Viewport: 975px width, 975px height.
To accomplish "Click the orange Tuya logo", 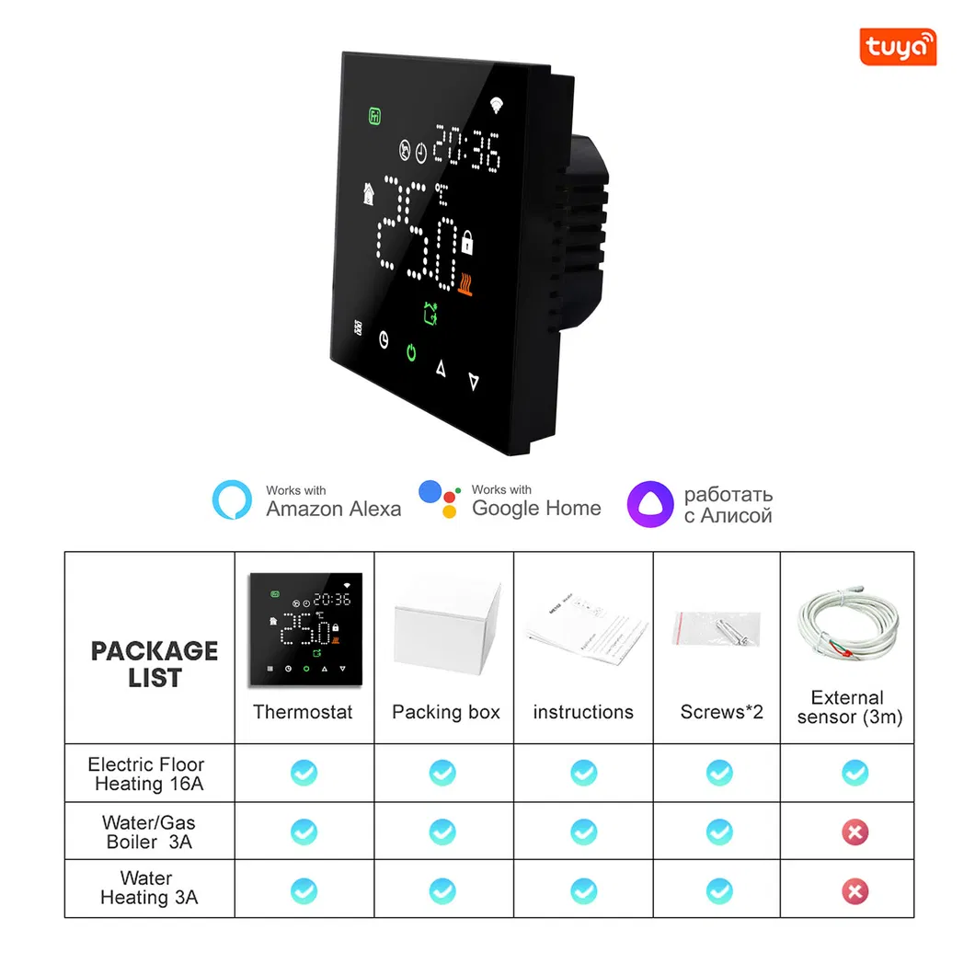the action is [x=898, y=47].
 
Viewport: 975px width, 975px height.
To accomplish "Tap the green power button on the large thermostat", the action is [x=411, y=352].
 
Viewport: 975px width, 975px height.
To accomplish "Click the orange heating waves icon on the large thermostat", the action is [x=465, y=284].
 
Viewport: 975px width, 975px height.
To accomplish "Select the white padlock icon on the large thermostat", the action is [x=467, y=243].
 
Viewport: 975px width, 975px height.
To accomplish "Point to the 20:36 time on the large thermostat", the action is [x=467, y=148].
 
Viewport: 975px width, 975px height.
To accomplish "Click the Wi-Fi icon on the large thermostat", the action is [x=496, y=105].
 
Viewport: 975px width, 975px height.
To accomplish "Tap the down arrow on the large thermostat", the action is [x=474, y=381].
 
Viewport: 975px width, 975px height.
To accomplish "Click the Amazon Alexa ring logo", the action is [x=232, y=499].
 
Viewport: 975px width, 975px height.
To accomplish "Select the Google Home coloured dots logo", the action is [x=440, y=499].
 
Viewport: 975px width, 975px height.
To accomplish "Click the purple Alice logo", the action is [x=649, y=504].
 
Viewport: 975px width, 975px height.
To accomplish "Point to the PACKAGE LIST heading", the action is [x=155, y=664].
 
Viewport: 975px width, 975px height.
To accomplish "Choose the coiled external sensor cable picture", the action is [x=848, y=624].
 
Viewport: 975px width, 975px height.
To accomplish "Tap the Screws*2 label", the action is [x=721, y=711].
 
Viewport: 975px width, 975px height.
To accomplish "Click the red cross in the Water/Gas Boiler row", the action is [x=855, y=832].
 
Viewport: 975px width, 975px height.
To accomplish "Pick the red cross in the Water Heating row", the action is [x=855, y=891].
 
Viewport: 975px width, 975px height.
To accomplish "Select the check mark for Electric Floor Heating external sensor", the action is [x=855, y=773].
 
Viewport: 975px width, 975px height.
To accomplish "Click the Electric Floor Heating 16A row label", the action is [x=147, y=774].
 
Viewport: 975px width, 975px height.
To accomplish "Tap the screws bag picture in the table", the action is [x=717, y=628].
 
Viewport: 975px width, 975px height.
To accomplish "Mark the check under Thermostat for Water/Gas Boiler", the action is [x=304, y=832].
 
